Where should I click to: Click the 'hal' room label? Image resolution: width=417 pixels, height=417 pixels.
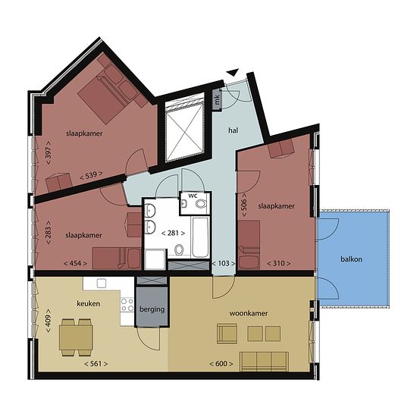233,130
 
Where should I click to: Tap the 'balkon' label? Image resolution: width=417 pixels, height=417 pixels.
351,259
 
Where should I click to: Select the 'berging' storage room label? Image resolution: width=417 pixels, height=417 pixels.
152,309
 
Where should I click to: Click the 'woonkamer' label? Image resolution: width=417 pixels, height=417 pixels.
249,313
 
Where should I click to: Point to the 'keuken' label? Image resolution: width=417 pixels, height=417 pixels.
88,303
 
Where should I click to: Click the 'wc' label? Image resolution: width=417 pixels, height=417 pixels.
193,196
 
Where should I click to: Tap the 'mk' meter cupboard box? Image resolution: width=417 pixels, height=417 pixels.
218,99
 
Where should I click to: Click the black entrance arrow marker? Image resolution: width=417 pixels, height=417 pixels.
233,72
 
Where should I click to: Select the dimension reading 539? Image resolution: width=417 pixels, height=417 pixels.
91,176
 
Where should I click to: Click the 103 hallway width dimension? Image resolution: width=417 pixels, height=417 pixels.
224,263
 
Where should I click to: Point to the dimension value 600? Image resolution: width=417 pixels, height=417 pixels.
221,363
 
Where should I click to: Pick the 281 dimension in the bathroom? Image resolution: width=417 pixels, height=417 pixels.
173,233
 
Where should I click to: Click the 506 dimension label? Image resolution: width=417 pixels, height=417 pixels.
244,205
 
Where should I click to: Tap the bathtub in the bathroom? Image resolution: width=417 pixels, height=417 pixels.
199,237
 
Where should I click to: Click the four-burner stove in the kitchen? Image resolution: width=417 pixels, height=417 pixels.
127,305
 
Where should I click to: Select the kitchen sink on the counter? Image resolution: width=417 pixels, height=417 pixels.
102,284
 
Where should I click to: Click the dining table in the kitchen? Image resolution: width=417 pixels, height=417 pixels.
76,337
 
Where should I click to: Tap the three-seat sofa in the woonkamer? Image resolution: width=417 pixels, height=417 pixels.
264,361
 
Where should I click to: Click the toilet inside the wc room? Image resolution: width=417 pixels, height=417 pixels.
201,204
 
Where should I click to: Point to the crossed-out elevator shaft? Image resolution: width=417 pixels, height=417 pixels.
184,127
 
